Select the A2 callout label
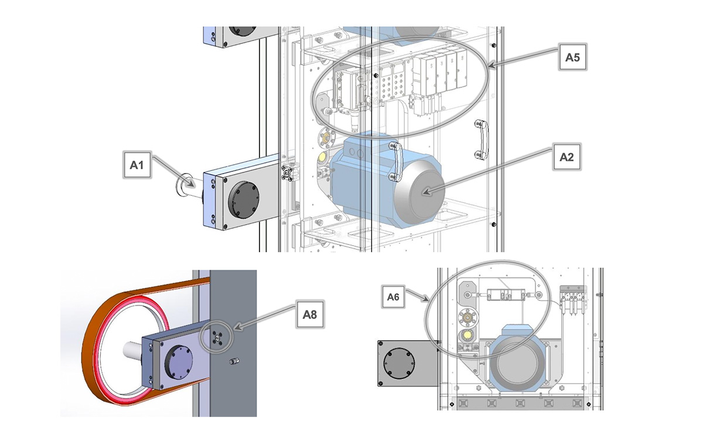tap(565, 157)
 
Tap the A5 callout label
tap(572, 57)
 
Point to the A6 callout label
tap(393, 298)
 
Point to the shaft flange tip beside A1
tap(179, 184)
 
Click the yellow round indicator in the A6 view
tap(467, 335)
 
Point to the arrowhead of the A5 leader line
tap(490, 67)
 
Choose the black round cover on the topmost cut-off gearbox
tap(240, 29)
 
